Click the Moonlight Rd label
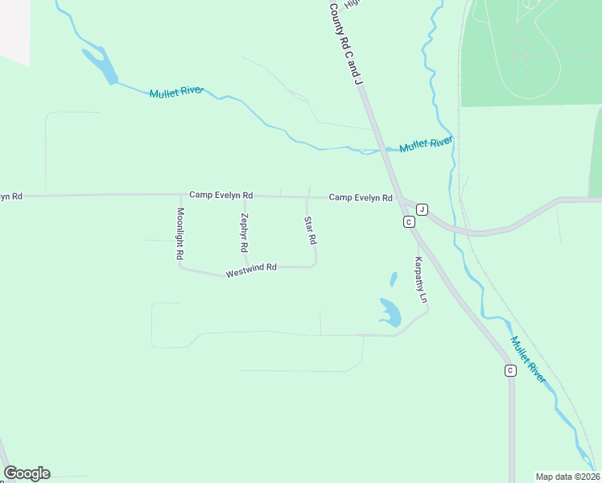180,233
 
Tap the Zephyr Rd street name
244,233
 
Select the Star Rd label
309,231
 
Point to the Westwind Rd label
251,270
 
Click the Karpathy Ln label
420,279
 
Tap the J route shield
422,209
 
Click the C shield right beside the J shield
409,221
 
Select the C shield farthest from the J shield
510,370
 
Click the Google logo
27,473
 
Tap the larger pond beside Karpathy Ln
390,312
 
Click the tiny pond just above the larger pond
393,279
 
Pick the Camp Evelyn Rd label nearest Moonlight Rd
221,195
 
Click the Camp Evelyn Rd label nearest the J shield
361,197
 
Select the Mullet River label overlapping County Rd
427,145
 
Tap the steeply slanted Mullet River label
528,358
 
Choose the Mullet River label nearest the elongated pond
177,93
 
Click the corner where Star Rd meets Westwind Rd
315,265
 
